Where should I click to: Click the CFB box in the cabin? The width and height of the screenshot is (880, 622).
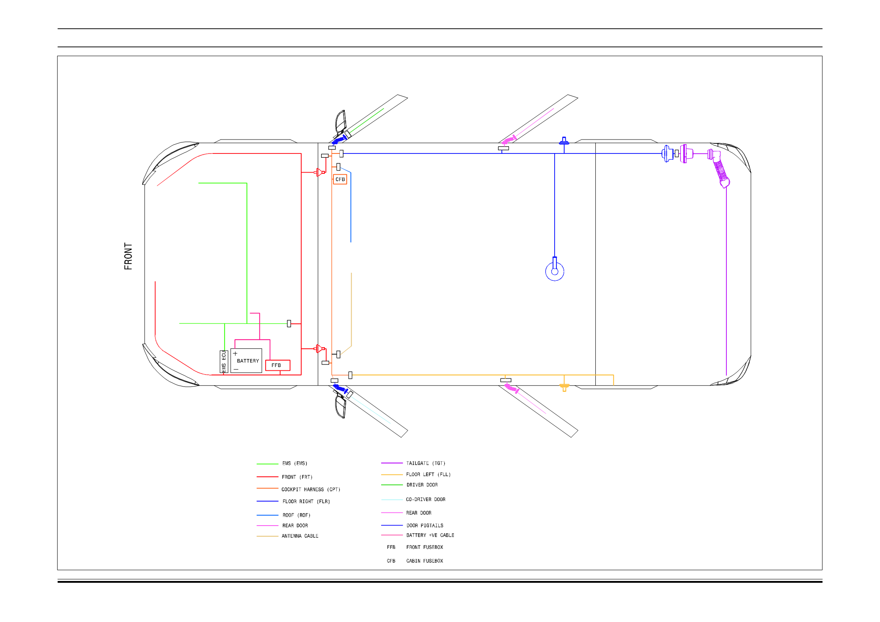pyautogui.click(x=340, y=179)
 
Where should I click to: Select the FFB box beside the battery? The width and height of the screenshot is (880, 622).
pyautogui.click(x=277, y=365)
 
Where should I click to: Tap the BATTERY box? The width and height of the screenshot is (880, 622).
pyautogui.click(x=247, y=361)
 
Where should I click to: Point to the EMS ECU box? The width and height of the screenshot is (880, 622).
pyautogui.click(x=224, y=362)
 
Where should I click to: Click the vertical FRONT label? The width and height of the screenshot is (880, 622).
pyautogui.click(x=128, y=256)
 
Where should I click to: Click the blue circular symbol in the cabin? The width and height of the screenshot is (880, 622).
pyautogui.click(x=555, y=271)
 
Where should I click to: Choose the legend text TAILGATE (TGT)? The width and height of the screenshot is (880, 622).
pyautogui.click(x=426, y=463)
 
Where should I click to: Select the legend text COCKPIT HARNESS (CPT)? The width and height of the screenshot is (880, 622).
pyautogui.click(x=311, y=490)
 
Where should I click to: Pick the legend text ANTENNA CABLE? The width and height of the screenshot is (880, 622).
pyautogui.click(x=300, y=536)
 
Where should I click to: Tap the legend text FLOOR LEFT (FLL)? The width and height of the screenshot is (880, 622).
pyautogui.click(x=428, y=474)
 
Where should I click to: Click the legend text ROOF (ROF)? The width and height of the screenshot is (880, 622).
pyautogui.click(x=296, y=515)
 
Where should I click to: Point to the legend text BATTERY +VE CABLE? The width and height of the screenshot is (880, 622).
pyautogui.click(x=430, y=535)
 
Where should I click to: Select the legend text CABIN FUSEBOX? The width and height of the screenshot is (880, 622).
pyautogui.click(x=424, y=561)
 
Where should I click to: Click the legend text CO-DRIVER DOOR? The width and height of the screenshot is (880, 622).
pyautogui.click(x=426, y=499)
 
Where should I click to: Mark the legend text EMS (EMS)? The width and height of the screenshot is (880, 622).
pyautogui.click(x=294, y=463)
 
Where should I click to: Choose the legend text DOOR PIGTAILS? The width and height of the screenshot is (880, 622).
pyautogui.click(x=425, y=526)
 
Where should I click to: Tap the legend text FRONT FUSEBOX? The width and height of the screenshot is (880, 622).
pyautogui.click(x=424, y=547)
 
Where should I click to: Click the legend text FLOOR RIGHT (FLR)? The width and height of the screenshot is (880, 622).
pyautogui.click(x=306, y=501)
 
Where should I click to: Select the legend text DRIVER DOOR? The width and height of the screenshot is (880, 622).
pyautogui.click(x=422, y=485)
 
